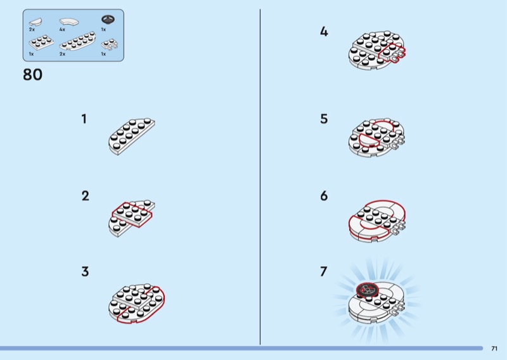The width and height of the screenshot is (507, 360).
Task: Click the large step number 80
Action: tap(33, 75)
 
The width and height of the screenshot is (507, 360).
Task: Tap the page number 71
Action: tap(494, 349)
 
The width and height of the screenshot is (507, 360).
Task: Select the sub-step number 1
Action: tap(84, 119)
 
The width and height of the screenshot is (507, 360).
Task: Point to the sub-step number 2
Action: tap(85, 196)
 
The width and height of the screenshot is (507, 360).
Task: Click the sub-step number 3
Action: tap(85, 272)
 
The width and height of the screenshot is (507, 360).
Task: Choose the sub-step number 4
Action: tap(324, 32)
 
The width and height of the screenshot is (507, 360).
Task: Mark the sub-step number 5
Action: tap(324, 119)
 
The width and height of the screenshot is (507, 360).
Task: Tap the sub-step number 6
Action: tap(324, 196)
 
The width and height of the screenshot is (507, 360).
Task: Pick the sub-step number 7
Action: tap(324, 272)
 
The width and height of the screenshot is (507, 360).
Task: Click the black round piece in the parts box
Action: tap(108, 20)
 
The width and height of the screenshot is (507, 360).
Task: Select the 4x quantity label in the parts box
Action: tap(62, 29)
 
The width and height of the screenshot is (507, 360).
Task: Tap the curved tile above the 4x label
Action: tap(69, 22)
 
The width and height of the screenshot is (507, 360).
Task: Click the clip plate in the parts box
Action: tap(110, 44)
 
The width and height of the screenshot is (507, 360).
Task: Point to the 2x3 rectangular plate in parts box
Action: tap(41, 42)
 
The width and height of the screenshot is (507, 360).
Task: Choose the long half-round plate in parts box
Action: tap(77, 41)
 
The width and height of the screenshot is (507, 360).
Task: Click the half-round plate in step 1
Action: tap(132, 136)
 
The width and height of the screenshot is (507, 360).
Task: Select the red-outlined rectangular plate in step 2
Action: tap(132, 214)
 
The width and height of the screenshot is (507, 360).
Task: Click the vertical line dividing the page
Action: tap(260, 177)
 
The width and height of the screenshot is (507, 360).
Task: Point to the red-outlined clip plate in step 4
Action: tap(392, 53)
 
